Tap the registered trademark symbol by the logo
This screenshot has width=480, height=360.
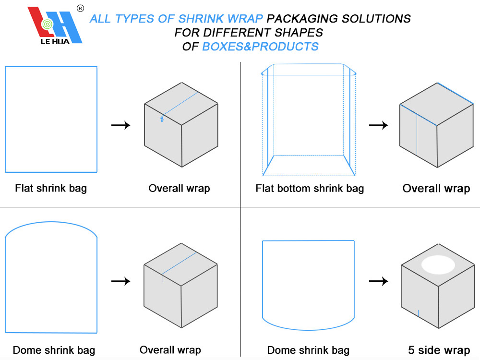pos(80,8)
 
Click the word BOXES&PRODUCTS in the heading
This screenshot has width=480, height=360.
pos(260,47)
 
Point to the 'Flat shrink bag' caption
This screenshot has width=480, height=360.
pos(51,188)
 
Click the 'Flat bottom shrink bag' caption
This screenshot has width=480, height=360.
pos(310,188)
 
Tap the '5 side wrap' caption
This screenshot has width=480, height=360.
pos(439,350)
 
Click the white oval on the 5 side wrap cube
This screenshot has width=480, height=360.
pos(438,264)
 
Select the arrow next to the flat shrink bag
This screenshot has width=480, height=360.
pos(120,125)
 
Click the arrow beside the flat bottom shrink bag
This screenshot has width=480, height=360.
pos(378,125)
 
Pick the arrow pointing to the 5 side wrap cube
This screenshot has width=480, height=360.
pos(378,281)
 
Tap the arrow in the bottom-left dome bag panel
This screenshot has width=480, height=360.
pos(120,281)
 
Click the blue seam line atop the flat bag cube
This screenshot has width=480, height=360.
pos(180,104)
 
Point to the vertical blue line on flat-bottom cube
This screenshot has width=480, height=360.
pos(417,136)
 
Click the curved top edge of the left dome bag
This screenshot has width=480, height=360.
pos(51,223)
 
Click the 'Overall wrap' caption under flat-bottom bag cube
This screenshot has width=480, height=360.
pos(436,188)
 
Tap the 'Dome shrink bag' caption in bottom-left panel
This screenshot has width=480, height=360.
pos(54,350)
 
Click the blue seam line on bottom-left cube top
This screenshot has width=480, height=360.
pos(179,264)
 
